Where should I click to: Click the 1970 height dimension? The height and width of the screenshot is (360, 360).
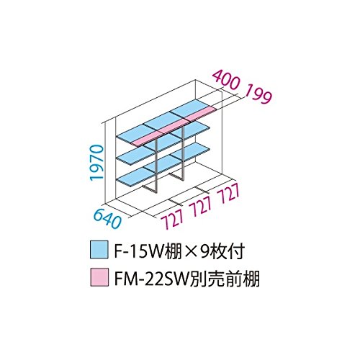[x=96, y=162]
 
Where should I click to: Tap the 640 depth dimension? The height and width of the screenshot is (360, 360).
[x=107, y=218]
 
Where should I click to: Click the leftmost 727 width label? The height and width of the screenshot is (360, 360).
[x=173, y=218]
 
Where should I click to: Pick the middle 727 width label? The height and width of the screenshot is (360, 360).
[x=201, y=205]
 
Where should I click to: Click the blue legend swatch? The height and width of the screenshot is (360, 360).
[x=99, y=250]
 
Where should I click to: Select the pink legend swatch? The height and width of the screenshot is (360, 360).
[x=99, y=277]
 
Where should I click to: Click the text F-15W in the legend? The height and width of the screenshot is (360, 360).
[x=140, y=251]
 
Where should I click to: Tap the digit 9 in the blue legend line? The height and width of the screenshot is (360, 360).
[x=205, y=251]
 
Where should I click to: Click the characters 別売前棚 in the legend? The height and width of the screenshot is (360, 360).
[x=224, y=279]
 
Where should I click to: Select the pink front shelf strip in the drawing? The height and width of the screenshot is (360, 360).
[x=175, y=127]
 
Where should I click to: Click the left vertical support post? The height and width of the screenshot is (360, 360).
[x=156, y=166]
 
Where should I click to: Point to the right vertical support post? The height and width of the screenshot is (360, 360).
[x=184, y=153]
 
